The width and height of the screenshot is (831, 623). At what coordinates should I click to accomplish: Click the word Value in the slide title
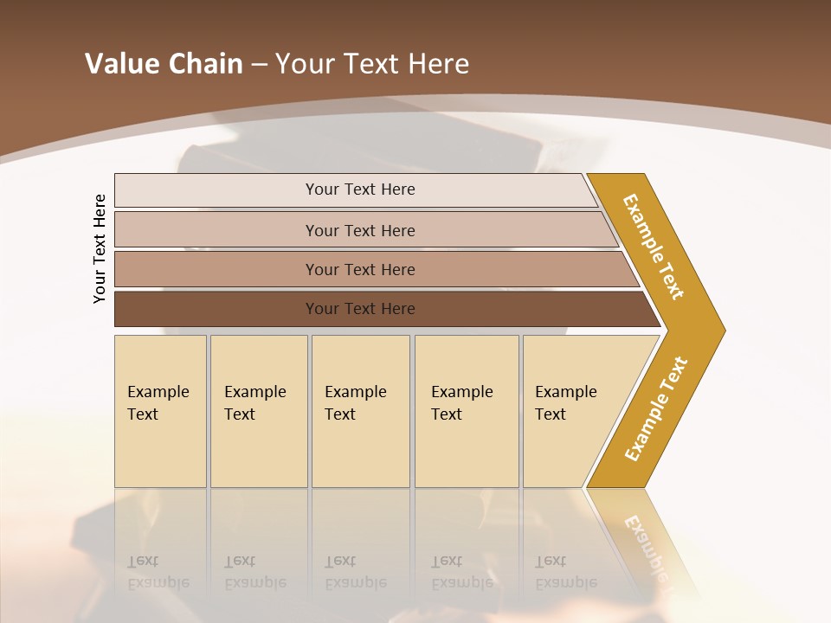coord(120,63)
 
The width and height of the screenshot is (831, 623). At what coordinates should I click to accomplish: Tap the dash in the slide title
coord(259,64)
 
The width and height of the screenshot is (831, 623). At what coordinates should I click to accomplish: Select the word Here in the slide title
coord(438,63)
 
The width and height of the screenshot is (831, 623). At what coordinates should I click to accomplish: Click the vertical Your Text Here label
coord(100,249)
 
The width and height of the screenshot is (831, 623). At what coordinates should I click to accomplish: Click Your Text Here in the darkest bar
coord(360,309)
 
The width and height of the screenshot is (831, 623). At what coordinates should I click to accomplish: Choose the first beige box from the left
coord(160,411)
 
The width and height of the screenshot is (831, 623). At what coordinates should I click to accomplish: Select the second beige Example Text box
coord(259,411)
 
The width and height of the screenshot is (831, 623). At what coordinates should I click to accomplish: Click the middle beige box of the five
coord(360,411)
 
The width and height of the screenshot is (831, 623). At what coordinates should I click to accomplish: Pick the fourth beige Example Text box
coord(467,411)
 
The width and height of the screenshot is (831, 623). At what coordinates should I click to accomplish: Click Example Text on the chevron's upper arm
coord(654,246)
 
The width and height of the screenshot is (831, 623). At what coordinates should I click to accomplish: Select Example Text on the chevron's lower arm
coord(656,408)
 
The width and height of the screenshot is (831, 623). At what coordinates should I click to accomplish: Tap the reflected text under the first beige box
coord(158,572)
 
